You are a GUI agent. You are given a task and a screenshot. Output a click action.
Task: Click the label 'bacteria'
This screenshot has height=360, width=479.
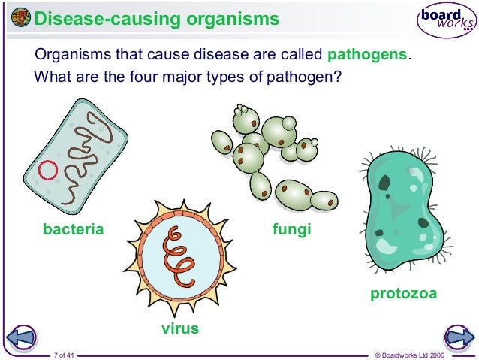pyautogui.click(x=73, y=229)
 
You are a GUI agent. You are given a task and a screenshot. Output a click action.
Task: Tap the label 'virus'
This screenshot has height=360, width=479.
pyautogui.click(x=180, y=328)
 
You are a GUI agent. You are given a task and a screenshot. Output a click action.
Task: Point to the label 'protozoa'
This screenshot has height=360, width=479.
pyautogui.click(x=403, y=293)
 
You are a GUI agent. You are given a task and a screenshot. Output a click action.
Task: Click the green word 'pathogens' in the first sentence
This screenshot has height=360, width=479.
pyautogui.click(x=369, y=55)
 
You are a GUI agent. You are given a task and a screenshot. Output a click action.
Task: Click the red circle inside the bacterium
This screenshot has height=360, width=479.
pyautogui.click(x=48, y=171)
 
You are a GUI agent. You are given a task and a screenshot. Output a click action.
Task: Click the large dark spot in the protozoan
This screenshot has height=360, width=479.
pyautogui.click(x=385, y=183)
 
